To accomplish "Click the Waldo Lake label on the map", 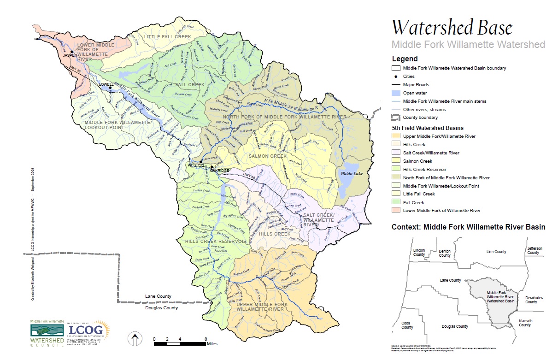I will point(348,173).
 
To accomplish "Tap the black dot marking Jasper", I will point(72,52).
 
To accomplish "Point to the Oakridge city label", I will point(219,171).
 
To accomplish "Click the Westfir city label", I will point(195,165).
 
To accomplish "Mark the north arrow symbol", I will point(134,340).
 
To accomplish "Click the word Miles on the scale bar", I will point(212,344).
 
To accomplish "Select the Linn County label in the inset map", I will point(496,252).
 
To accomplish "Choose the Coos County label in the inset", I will point(407,325).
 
